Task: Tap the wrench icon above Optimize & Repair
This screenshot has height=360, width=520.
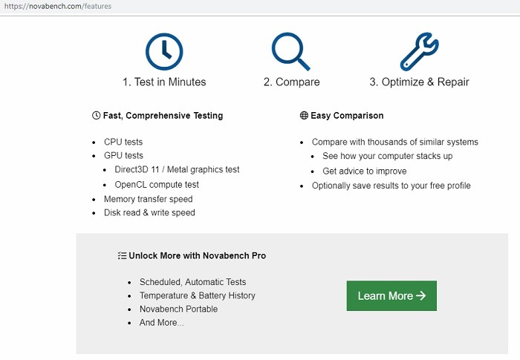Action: (x=419, y=51)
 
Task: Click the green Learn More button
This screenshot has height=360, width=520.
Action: (x=391, y=295)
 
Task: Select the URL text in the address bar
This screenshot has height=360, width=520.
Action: (x=58, y=6)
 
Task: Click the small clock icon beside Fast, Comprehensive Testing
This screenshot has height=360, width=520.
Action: (x=96, y=115)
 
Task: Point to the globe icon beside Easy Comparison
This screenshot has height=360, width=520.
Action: (x=304, y=115)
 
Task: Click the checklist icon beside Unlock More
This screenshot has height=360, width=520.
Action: (x=122, y=255)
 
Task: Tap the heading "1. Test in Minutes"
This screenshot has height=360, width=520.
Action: (x=164, y=82)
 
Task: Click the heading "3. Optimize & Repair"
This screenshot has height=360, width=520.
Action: (x=419, y=82)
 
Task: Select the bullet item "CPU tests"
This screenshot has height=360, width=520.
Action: (x=123, y=142)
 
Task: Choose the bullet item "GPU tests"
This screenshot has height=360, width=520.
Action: (x=123, y=155)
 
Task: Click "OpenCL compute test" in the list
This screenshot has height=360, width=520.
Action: (x=157, y=184)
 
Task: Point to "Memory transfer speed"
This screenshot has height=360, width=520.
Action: (x=149, y=199)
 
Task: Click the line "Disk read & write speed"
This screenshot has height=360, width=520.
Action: (x=149, y=212)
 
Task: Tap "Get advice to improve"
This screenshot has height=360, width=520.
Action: (x=365, y=171)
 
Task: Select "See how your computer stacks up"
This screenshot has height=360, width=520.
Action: (x=387, y=156)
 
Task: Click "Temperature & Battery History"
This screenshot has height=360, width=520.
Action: (x=198, y=295)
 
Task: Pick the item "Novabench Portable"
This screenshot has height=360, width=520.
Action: (x=178, y=309)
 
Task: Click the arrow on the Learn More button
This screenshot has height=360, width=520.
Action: (x=421, y=295)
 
